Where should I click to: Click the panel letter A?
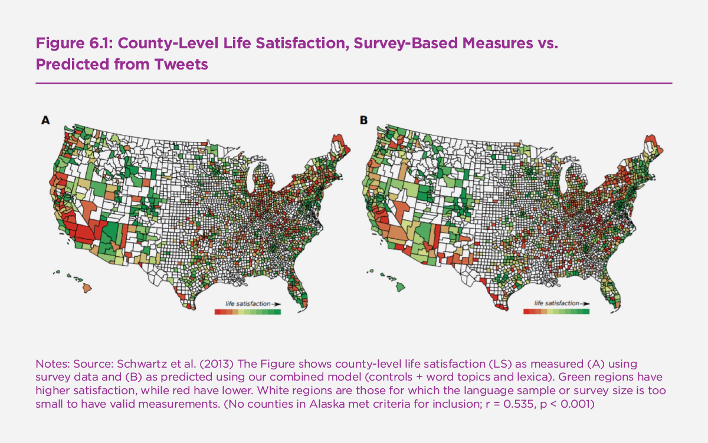pos(45,120)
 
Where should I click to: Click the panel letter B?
pos(364,120)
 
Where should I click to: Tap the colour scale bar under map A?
pos(247,312)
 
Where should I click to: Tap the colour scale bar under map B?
pos(556,312)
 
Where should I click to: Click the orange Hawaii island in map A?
pos(86,287)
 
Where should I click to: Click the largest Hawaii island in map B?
pos(400,286)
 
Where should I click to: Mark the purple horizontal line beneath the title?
pos(354,83)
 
